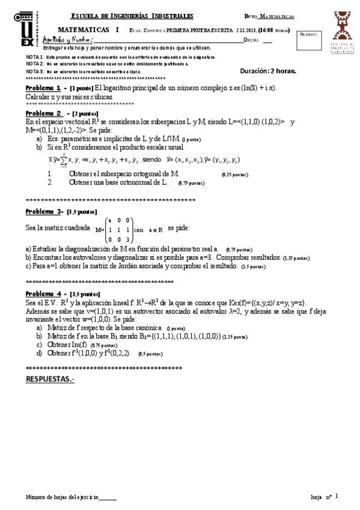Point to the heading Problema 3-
point(44,212)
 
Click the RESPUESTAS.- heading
point(50,379)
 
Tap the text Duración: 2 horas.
point(268,70)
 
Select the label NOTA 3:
point(35,71)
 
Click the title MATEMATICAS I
point(90,29)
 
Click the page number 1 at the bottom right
point(337,496)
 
